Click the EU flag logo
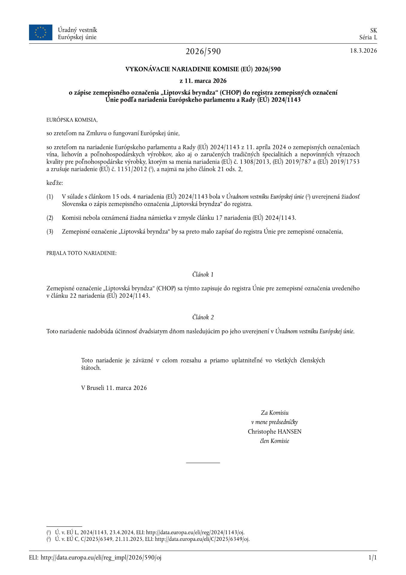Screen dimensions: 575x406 coord(40,32)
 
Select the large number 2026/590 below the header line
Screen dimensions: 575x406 coord(203,52)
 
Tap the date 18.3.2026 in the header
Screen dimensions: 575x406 coord(363,51)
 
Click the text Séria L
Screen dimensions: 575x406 coord(368,37)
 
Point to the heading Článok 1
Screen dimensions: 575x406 coord(203,274)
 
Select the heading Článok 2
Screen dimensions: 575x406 coord(203,317)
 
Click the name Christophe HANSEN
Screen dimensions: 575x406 coord(274,432)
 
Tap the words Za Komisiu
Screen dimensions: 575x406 coord(275,413)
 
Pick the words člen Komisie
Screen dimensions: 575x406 coord(274,441)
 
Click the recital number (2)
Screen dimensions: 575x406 coord(50,218)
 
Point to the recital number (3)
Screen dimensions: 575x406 coord(50,231)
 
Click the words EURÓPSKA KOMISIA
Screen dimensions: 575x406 coord(72,120)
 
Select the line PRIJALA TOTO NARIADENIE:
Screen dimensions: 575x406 coord(81,253)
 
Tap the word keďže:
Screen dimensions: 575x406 coord(55,183)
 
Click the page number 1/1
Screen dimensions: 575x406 coord(372,558)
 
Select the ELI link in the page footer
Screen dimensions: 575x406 coord(101,558)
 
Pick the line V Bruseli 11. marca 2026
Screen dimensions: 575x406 coord(114,388)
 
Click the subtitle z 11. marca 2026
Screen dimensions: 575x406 coord(203,81)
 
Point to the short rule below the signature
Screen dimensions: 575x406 coord(203,463)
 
